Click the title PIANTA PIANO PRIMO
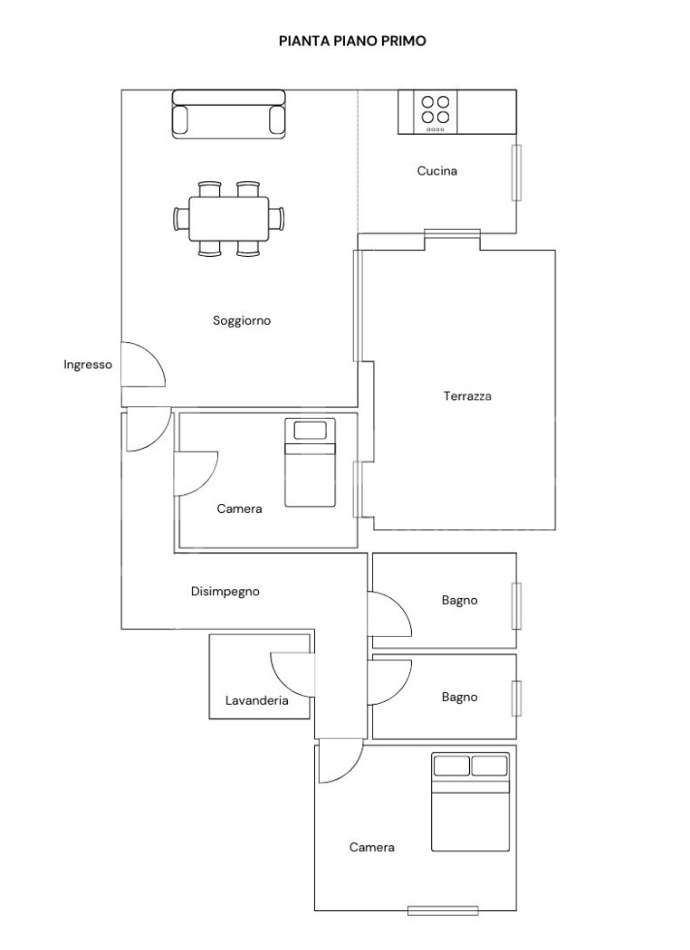pos(352,42)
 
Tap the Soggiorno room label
pos(242,320)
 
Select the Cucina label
pos(437,171)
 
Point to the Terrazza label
pos(467,396)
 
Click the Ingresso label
pos(88,365)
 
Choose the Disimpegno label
pos(225,592)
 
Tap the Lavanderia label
pos(257,700)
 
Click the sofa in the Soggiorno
pos(228,114)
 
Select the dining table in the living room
pos(229,218)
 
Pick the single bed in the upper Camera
pos(310,462)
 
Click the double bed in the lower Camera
pos(471,803)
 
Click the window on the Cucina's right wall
pos(516,173)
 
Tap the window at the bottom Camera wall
pos(443,910)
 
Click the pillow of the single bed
pos(310,430)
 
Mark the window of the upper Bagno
pos(516,606)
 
